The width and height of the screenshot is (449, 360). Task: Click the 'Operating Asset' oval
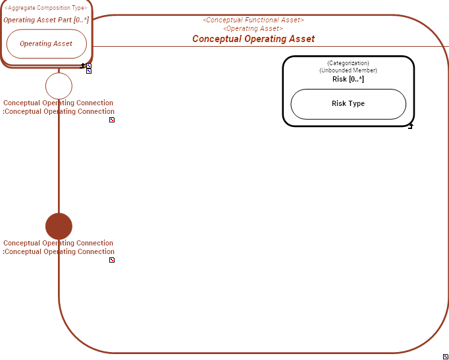point(46,43)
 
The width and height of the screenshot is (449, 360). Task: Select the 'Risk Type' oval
point(348,104)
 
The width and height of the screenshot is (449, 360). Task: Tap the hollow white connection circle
point(59,86)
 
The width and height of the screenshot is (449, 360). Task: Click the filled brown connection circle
point(59,226)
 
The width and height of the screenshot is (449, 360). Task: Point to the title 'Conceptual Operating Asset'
point(253,39)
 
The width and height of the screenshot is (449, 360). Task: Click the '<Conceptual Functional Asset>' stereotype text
point(253,20)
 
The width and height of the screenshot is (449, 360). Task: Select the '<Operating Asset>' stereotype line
point(253,29)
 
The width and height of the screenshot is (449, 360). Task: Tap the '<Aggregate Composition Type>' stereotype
point(46,8)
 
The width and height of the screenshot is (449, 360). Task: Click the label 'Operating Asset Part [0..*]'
point(46,20)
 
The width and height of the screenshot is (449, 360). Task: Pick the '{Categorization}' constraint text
point(348,63)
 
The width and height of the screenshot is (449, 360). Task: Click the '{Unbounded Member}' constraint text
point(348,70)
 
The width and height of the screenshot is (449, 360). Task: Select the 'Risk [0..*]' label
point(348,79)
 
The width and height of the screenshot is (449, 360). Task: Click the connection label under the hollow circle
point(59,107)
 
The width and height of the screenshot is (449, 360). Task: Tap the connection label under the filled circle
point(59,247)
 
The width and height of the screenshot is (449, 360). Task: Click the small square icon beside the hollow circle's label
point(112,120)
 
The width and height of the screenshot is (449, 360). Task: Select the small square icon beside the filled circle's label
point(112,260)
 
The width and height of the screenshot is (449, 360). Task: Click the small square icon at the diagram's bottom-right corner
point(446,356)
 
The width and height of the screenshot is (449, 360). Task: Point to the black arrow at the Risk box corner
point(410,126)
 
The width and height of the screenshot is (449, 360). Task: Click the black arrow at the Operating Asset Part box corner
point(83,66)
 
